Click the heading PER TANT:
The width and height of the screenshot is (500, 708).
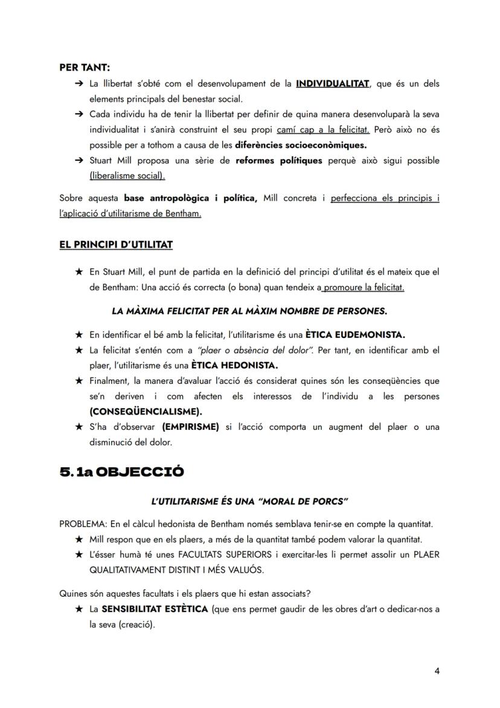tap(84, 68)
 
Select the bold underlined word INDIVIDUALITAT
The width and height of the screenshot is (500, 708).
tap(332, 83)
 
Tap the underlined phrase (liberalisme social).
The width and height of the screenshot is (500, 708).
tap(127, 176)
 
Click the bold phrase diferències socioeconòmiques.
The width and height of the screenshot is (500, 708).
tap(301, 145)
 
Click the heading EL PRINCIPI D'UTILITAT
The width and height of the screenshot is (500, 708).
tap(116, 244)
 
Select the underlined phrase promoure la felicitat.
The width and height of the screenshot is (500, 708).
tap(364, 288)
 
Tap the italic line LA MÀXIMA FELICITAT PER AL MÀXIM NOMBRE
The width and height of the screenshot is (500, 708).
tap(249, 311)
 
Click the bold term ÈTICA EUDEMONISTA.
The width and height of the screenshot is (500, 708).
tap(355, 334)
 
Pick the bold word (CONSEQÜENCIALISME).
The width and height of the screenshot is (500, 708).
tap(146, 411)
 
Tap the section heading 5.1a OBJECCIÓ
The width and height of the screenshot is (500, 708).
tap(121, 472)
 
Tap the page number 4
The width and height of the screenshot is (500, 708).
tap(437, 672)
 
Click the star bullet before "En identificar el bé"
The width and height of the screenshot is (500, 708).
tap(79, 334)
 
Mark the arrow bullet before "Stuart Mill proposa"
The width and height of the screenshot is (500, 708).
tap(79, 161)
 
